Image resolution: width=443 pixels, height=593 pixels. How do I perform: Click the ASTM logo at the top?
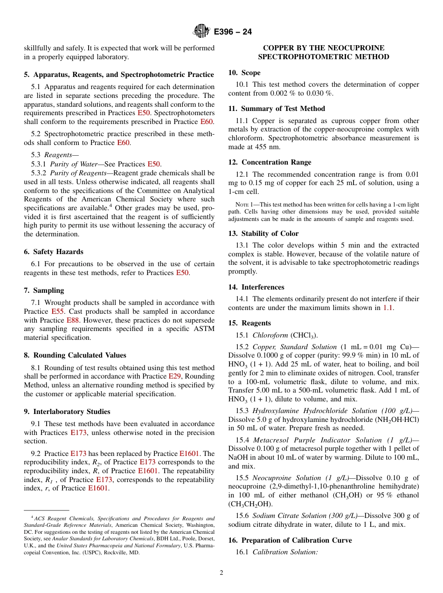201,32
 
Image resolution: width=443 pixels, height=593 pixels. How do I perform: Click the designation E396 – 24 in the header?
233,32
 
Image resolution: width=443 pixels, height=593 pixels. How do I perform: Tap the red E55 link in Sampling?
56,311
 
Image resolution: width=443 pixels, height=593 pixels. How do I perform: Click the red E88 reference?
72,320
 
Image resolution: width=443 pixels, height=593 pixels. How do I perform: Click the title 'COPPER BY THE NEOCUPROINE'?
324,48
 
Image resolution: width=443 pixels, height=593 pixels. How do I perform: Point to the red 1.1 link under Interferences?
388,308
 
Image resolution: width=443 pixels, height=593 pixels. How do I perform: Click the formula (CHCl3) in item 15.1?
304,335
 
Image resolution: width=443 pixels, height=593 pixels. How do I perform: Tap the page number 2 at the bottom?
221,573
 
